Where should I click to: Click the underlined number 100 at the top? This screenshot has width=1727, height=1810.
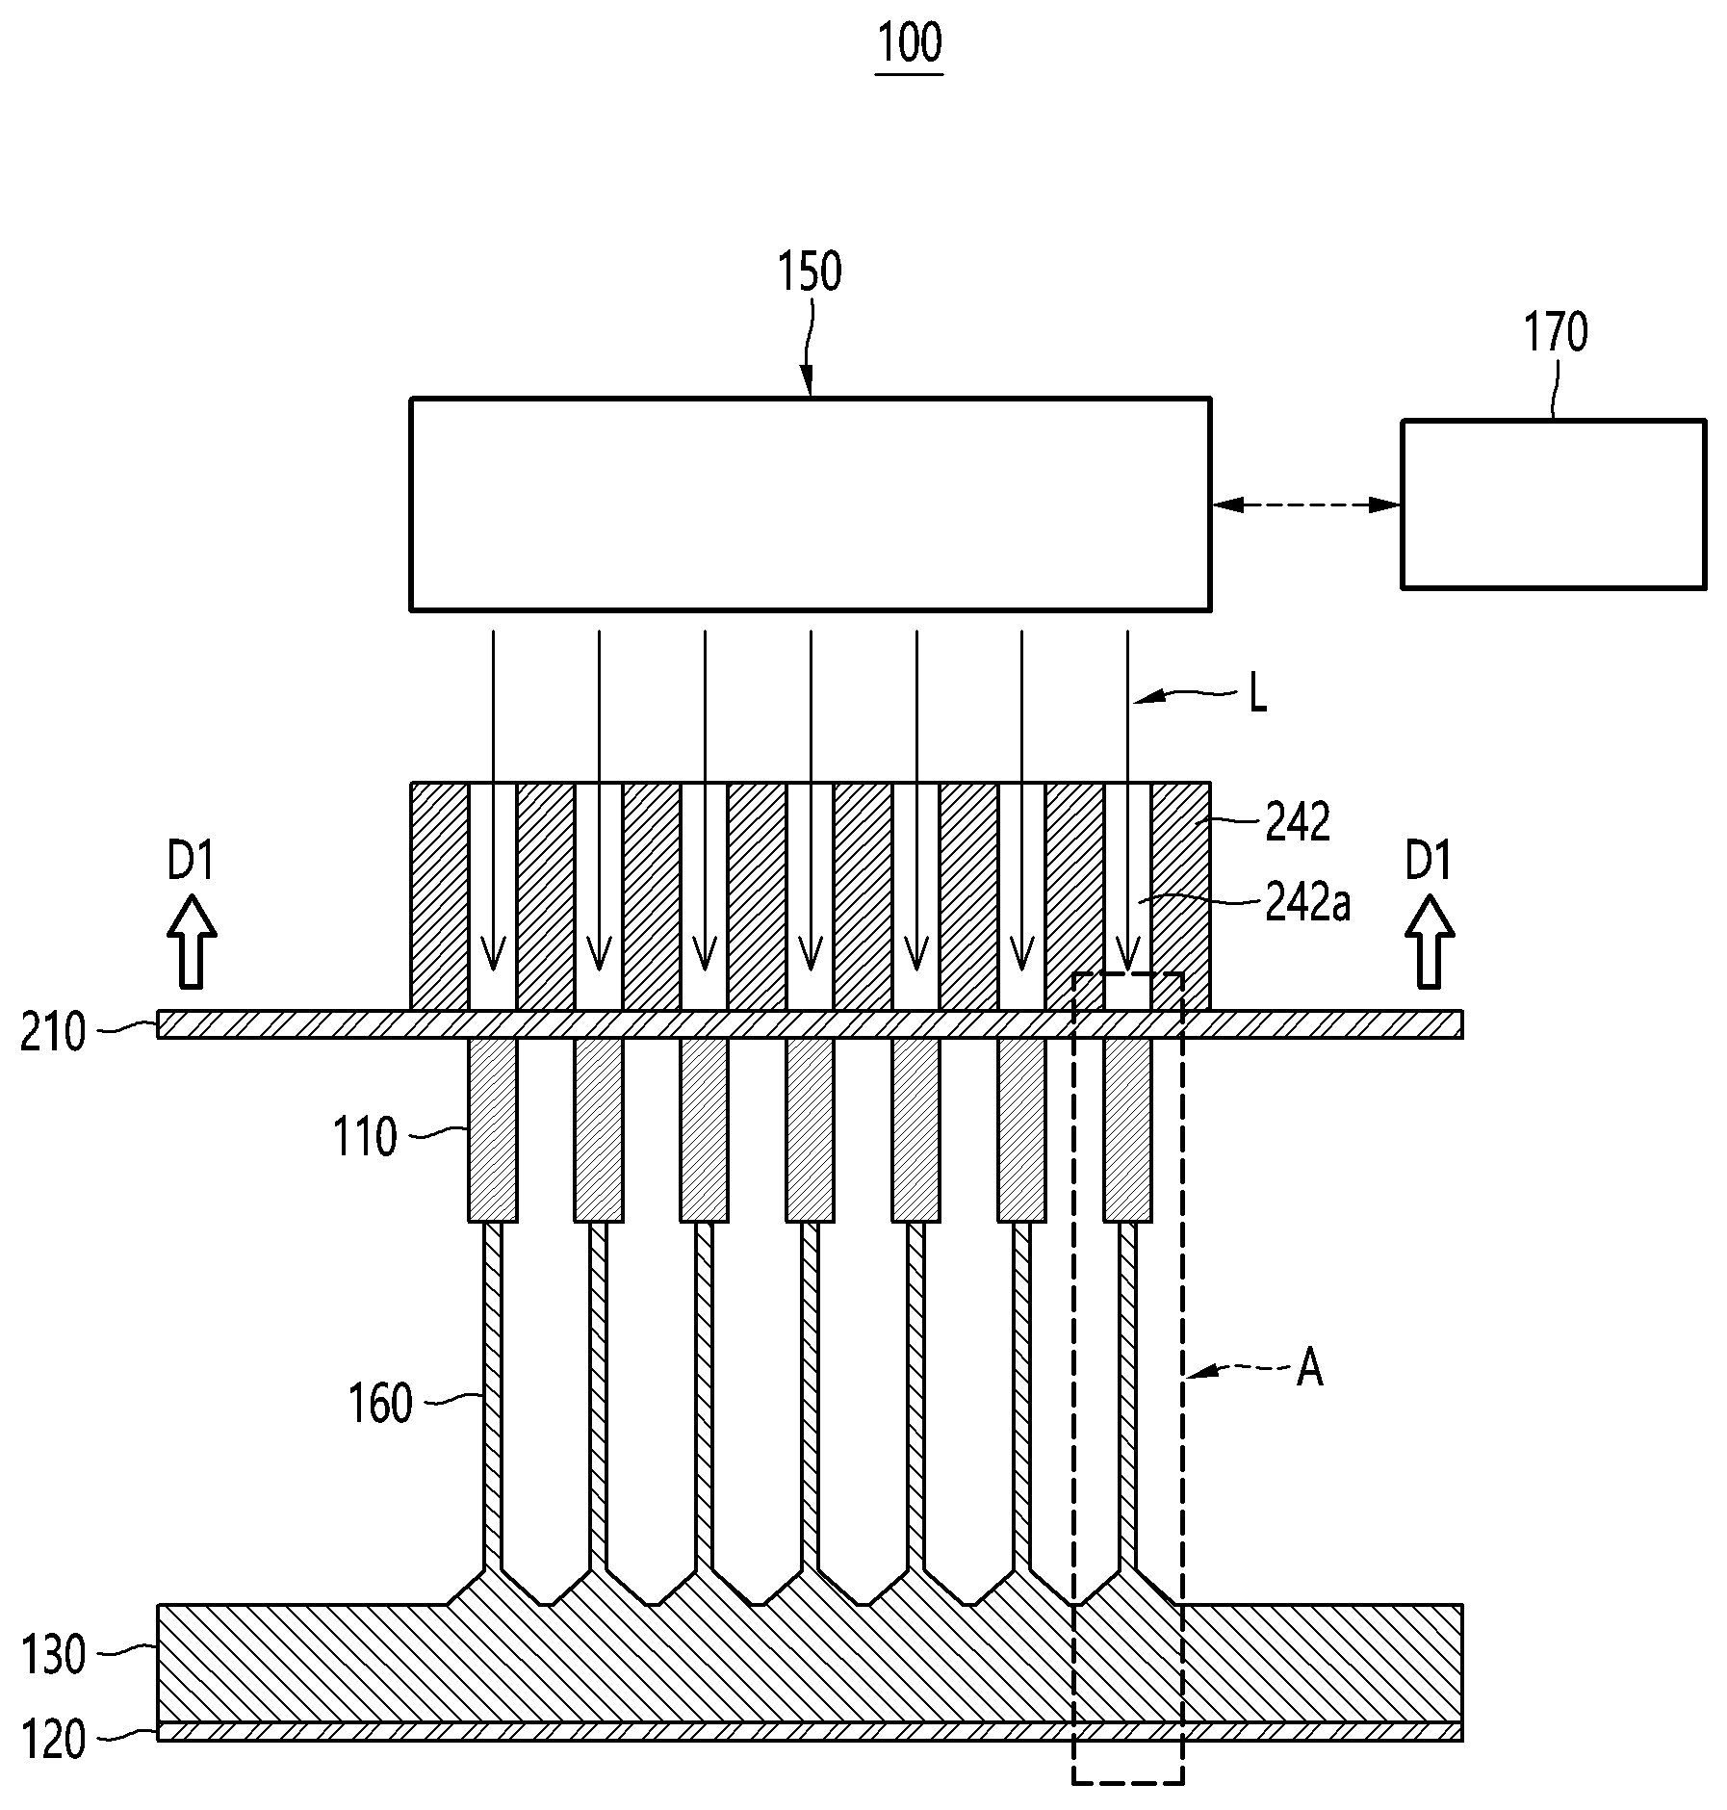pos(910,43)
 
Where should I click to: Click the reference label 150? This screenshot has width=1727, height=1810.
pos(810,272)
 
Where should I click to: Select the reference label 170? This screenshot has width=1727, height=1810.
pos(1555,332)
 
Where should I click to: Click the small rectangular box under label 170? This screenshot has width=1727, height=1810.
pos(1554,504)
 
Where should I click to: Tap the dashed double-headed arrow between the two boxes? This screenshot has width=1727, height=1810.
pos(1306,504)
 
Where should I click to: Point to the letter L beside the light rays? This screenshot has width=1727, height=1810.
pos(1257,695)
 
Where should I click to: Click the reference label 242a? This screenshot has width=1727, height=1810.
pos(1307,905)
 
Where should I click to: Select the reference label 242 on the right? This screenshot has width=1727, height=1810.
pos(1297,822)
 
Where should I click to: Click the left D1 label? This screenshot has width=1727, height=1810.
pos(191,860)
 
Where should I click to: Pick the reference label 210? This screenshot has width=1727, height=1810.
pos(53,1033)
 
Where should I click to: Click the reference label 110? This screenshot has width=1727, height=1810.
pos(365,1137)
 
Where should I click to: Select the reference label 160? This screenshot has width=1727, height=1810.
pos(380,1403)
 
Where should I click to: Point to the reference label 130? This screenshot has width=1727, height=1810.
pos(53,1656)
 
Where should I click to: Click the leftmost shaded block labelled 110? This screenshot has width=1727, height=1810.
pos(493,1129)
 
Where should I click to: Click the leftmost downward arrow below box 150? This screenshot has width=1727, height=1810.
pos(493,800)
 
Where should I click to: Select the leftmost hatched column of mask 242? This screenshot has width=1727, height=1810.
pos(440,896)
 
